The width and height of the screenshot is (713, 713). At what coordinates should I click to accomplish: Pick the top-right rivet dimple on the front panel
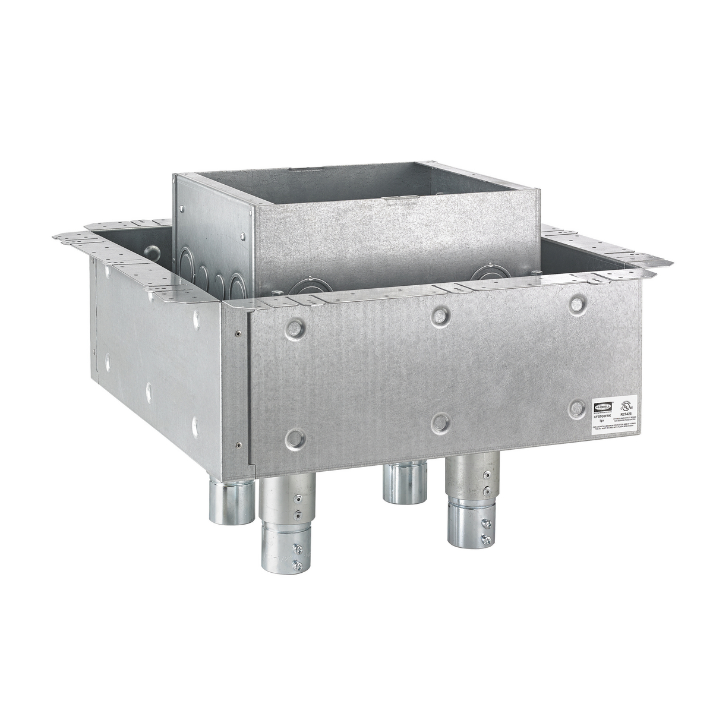[577, 304]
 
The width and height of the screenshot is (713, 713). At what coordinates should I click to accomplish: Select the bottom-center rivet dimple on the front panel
[440, 421]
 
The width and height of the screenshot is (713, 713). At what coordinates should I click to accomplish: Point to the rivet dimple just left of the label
[576, 408]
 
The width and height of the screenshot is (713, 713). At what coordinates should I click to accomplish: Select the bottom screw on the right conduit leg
[487, 539]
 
